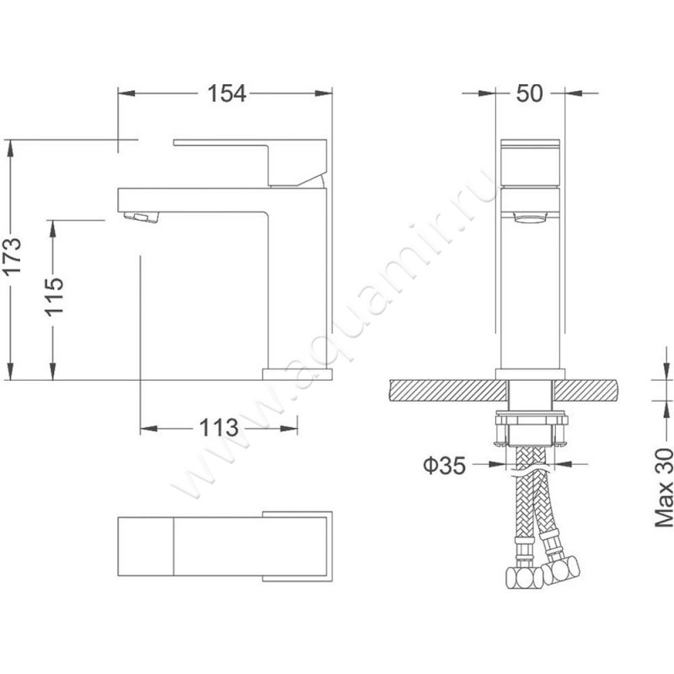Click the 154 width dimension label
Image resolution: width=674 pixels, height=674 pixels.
[227, 94]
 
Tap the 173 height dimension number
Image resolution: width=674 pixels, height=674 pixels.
[12, 255]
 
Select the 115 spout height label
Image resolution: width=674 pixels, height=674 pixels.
[55, 297]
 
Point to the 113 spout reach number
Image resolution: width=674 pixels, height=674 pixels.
[218, 428]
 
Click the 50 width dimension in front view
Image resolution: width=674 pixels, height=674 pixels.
[530, 94]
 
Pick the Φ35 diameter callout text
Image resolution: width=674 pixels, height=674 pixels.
[445, 465]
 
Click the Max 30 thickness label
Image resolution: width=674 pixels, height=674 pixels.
[663, 488]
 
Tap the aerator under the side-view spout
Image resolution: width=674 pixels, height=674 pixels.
[141, 217]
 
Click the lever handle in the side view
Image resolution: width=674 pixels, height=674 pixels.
[250, 163]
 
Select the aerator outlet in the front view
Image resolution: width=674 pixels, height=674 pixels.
[532, 218]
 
